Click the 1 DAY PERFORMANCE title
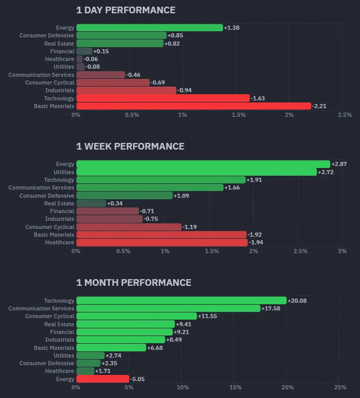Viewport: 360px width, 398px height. (126, 10)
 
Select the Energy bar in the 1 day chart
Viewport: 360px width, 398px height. (149, 28)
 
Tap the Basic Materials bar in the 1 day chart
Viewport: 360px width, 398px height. (193, 106)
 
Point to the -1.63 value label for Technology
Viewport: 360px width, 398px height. (257, 98)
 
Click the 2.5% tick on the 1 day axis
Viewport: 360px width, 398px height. (345, 115)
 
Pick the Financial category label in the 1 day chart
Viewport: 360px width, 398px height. (62, 51)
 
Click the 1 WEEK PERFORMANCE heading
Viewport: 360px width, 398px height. (130, 146)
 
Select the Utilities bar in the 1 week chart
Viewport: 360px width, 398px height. (196, 172)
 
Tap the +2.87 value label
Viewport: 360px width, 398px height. (339, 164)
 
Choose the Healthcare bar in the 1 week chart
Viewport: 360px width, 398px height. (162, 242)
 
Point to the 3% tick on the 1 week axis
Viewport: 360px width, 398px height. (342, 251)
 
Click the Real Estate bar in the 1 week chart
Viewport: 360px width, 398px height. (91, 203)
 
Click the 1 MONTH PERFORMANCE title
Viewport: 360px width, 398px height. (133, 283)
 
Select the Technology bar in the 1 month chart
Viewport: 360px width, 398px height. (181, 301)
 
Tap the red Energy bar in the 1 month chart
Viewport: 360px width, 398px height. (103, 379)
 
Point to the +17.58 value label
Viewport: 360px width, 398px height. (271, 308)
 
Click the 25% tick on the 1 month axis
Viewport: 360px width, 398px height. (340, 387)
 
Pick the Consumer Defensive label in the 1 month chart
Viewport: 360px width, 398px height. (47, 363)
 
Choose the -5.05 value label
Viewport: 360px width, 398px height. (137, 379)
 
